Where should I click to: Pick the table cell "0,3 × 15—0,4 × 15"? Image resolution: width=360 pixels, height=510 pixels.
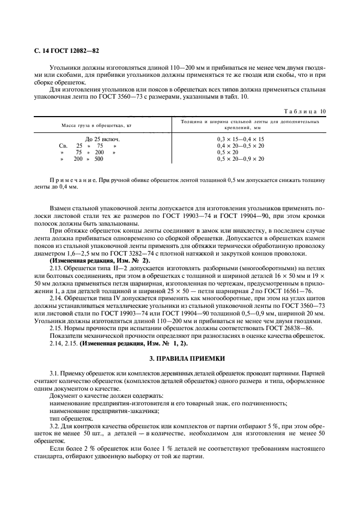click(241, 139)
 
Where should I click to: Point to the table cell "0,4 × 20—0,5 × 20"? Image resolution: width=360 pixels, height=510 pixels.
click(241, 145)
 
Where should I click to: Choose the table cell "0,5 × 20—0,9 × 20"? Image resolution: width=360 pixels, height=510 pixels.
click(241, 159)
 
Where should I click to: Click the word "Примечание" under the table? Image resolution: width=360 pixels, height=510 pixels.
click(69, 180)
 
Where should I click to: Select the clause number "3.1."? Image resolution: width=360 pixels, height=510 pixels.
click(56, 374)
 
